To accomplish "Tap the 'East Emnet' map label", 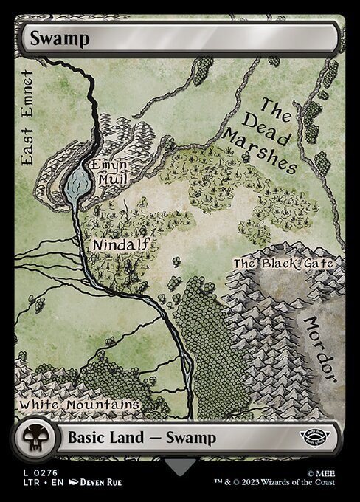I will click(29, 118).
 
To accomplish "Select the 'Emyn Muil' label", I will click(108, 171).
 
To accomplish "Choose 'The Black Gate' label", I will click(283, 263).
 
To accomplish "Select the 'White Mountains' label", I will click(79, 405).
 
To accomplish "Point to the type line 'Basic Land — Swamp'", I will click(142, 438).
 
